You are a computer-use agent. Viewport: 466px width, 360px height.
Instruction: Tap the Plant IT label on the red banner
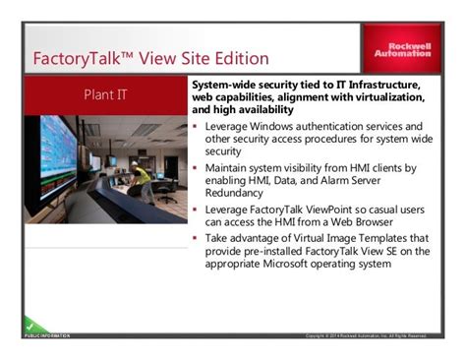104,96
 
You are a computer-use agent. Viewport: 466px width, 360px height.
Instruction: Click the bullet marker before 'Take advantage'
197,240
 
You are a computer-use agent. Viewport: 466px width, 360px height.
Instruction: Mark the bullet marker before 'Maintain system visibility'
197,169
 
